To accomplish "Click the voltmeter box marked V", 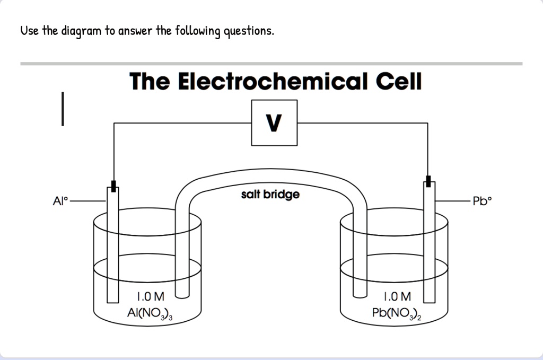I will [x=274, y=123].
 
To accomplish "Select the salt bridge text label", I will [x=270, y=195].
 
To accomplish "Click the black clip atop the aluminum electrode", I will [x=113, y=186].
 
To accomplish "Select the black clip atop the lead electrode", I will [x=428, y=181].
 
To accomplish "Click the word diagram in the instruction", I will [x=81, y=31].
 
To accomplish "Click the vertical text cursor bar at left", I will [x=63, y=109].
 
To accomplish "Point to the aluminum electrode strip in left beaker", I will [x=112, y=249].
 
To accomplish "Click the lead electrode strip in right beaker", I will [x=429, y=249].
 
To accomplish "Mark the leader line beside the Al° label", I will [x=87, y=201].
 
